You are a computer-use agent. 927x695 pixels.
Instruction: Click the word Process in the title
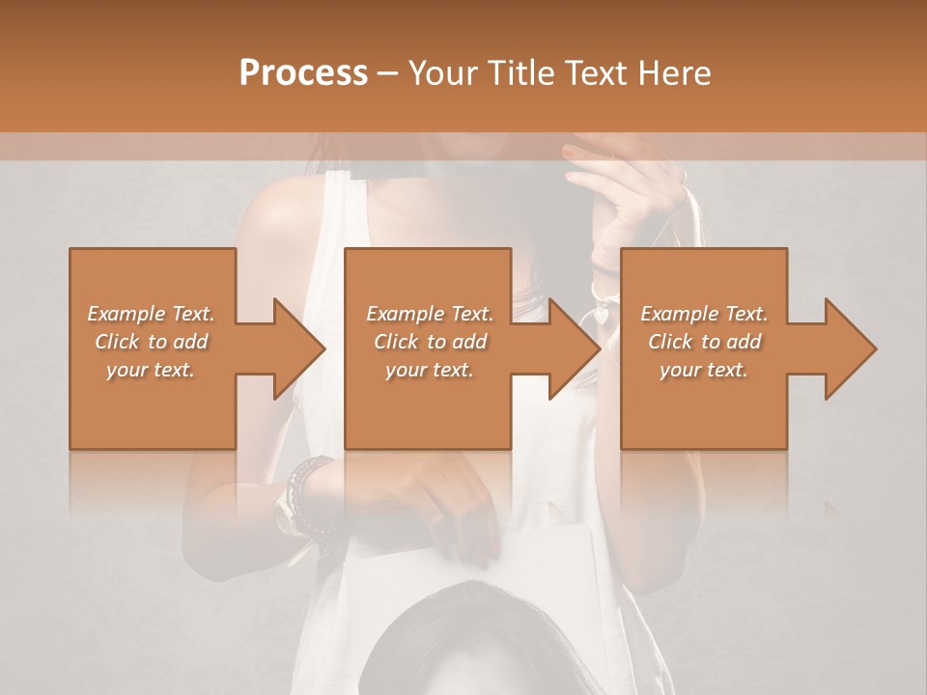[x=303, y=73]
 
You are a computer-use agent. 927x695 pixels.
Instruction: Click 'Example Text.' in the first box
[x=152, y=313]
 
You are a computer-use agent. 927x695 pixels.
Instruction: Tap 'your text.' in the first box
[x=152, y=369]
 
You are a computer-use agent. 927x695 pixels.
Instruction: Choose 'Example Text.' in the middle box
[x=430, y=313]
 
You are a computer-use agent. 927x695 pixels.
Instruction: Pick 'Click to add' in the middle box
[x=430, y=341]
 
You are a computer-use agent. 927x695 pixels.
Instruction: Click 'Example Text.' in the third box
[x=704, y=313]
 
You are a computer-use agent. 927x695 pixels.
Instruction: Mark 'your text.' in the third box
[x=704, y=369]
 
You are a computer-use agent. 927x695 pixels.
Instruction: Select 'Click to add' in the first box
[x=152, y=341]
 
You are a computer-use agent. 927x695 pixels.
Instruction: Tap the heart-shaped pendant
[x=601, y=314]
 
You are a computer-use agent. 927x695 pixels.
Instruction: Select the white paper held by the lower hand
[x=386, y=579]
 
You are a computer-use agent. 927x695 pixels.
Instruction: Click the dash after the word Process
[x=388, y=74]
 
